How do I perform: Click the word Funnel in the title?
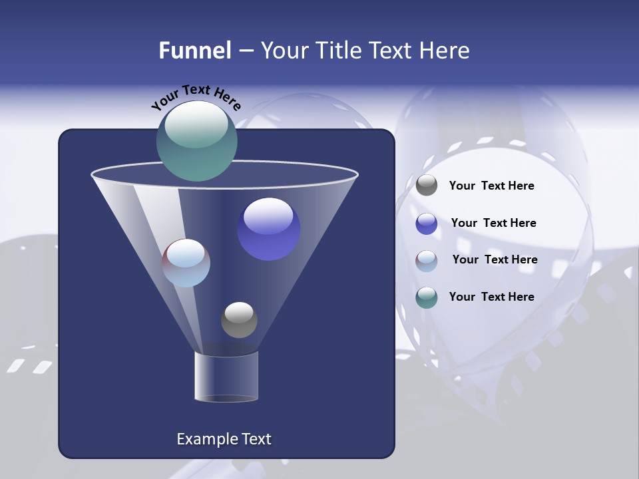click(x=194, y=51)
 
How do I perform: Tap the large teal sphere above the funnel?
click(x=197, y=140)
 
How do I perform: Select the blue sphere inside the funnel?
click(x=269, y=229)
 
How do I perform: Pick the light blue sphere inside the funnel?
click(x=186, y=263)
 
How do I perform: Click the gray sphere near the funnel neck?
click(x=239, y=320)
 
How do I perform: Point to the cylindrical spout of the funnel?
click(x=226, y=377)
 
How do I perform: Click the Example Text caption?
click(x=224, y=439)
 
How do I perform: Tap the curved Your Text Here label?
click(x=196, y=96)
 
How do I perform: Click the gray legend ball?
click(x=427, y=186)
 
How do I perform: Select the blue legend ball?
click(x=427, y=224)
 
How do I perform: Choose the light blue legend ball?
click(x=427, y=261)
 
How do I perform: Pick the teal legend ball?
click(x=427, y=297)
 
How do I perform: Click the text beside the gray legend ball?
click(x=491, y=186)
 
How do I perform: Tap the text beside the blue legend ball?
click(x=493, y=224)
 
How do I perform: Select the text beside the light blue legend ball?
click(x=495, y=260)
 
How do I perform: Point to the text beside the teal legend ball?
click(x=491, y=297)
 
